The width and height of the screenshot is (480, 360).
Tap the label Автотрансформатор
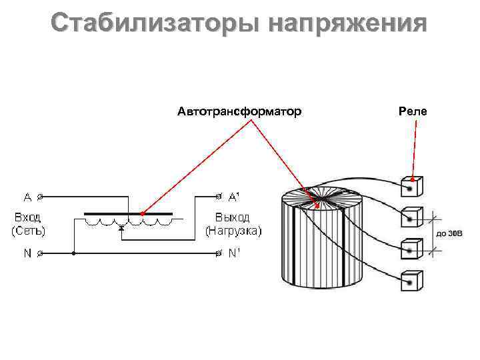click(x=239, y=111)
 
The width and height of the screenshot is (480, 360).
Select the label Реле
click(x=413, y=111)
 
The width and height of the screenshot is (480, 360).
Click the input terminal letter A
click(x=27, y=197)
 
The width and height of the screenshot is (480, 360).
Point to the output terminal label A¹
click(x=235, y=197)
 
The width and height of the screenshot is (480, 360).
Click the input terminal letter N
click(x=27, y=253)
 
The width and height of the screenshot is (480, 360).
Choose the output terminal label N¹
click(x=235, y=253)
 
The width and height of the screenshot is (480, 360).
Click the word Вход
click(x=27, y=218)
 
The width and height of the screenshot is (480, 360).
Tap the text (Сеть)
click(x=27, y=231)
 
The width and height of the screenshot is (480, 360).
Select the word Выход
click(x=233, y=218)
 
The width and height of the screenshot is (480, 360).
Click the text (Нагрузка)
click(x=233, y=231)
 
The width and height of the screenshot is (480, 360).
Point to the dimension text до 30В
click(x=449, y=234)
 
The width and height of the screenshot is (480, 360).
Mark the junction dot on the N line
click(x=74, y=253)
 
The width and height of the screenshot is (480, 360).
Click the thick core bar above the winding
click(x=128, y=215)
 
